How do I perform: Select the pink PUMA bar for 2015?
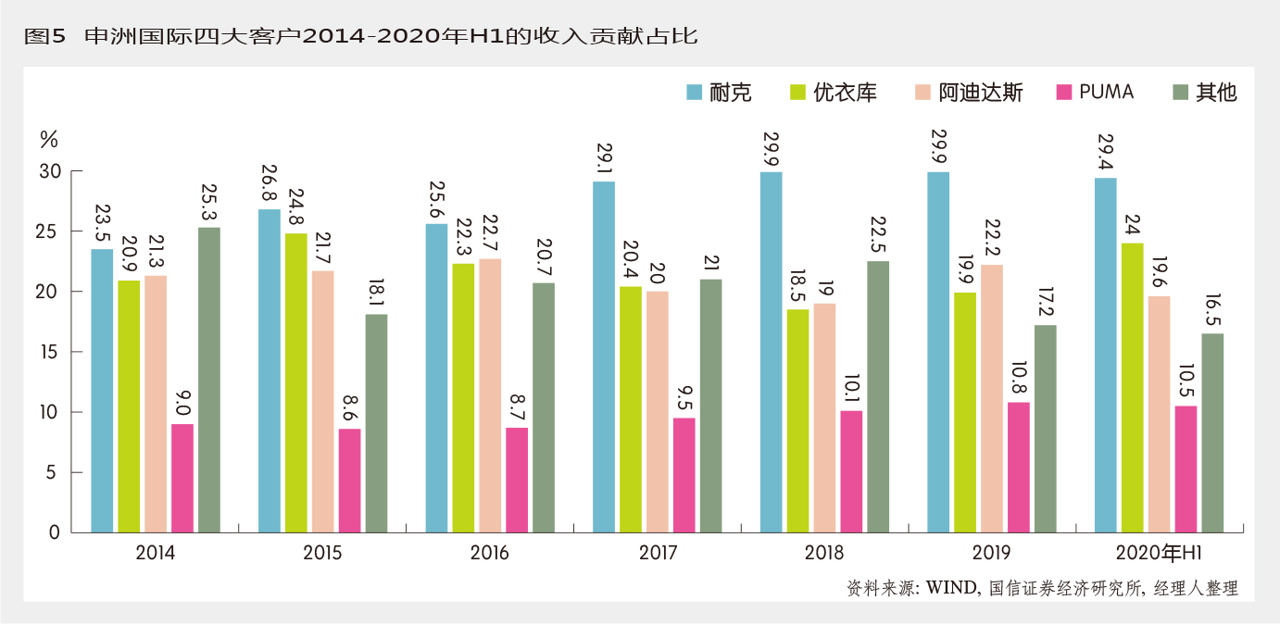coord(349,481)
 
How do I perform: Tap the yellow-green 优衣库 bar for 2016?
coord(463,398)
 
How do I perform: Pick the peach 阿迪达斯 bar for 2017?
coord(658,412)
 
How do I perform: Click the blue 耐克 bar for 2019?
coord(938,352)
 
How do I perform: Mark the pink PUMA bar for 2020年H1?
coord(1186,469)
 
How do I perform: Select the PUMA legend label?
coord(1106,92)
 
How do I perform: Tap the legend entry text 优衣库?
coord(845,93)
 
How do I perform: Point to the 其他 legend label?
coord(1216,93)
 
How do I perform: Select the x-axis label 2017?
coord(658,554)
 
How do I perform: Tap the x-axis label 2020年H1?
coord(1159,554)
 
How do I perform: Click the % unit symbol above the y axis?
coord(48,140)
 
